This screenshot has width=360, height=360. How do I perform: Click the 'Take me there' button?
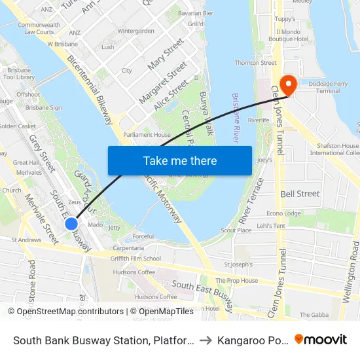(x=180, y=160)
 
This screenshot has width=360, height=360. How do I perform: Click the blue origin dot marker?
(x=72, y=224)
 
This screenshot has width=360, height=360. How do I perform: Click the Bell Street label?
(x=300, y=194)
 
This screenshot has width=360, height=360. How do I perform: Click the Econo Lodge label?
(x=284, y=213)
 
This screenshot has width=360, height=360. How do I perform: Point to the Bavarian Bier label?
(x=195, y=12)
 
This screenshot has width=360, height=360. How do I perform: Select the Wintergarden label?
(x=135, y=31)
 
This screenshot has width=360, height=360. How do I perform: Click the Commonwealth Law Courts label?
(x=37, y=28)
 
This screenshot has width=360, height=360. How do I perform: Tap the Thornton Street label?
(x=255, y=63)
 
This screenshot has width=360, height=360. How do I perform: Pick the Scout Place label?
(x=236, y=230)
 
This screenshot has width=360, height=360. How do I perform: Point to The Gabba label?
(x=315, y=315)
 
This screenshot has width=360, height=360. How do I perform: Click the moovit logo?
(x=321, y=339)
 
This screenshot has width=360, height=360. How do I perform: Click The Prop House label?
(x=237, y=281)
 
